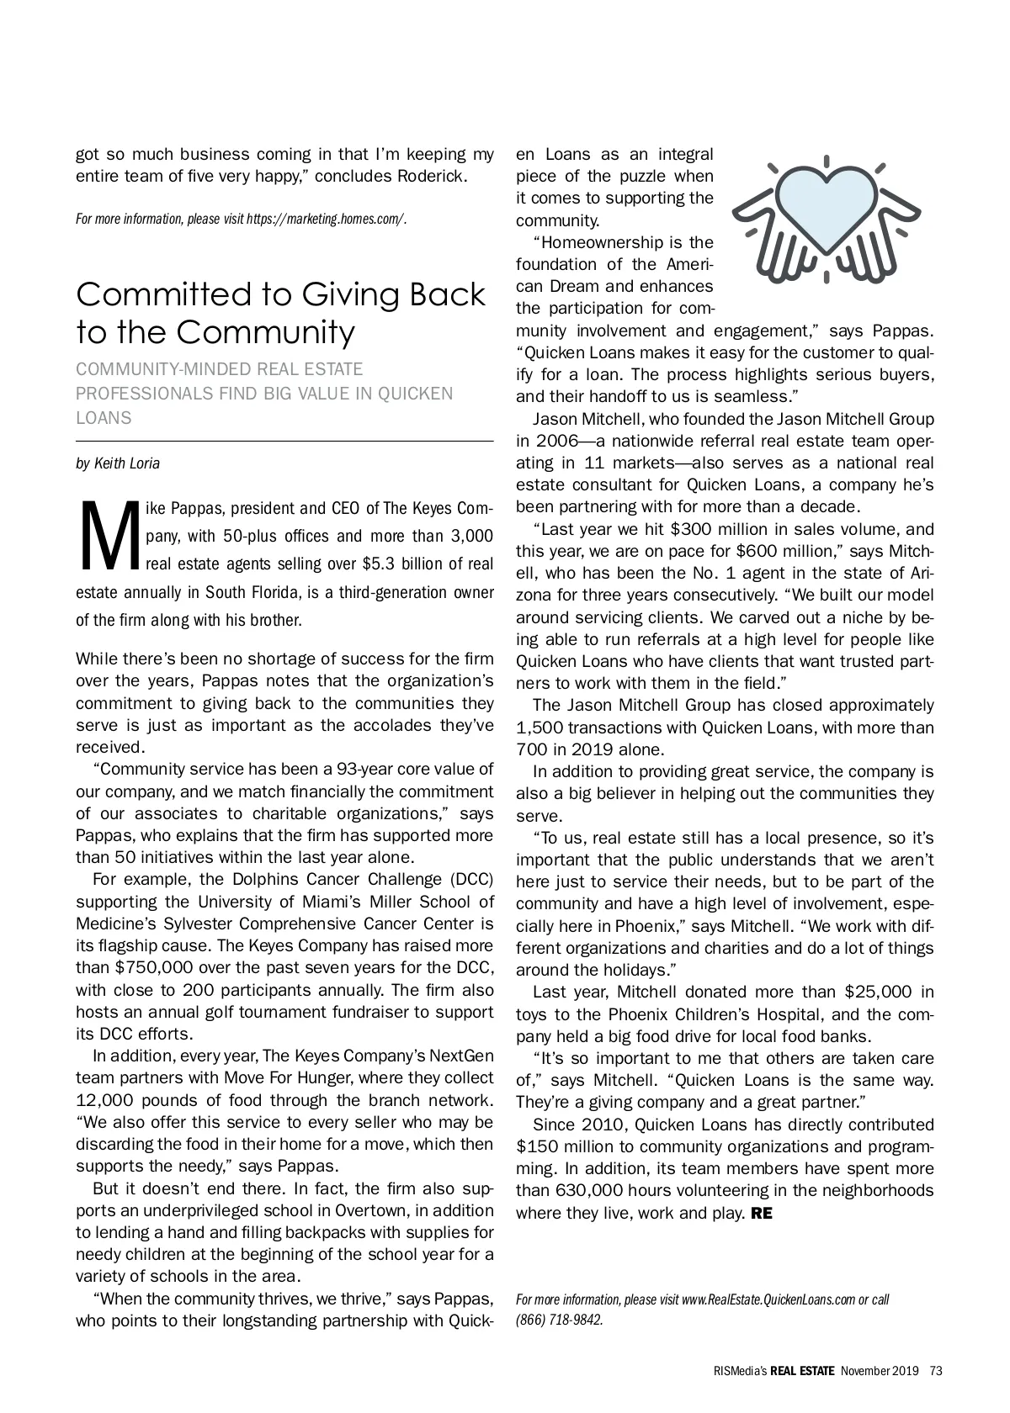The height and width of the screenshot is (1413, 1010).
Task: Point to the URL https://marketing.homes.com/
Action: [326, 220]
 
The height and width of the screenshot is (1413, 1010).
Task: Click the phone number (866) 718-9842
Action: [559, 1319]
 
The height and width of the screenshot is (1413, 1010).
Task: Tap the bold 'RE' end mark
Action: [761, 1213]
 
